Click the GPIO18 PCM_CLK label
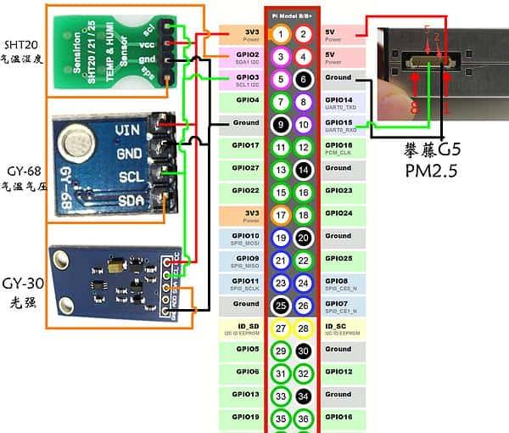(344, 149)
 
